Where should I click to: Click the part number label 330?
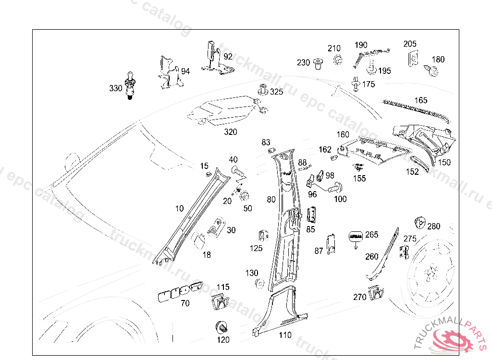115,88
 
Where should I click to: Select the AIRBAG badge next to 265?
356,236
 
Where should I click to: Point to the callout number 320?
230,132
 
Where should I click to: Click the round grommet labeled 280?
419,223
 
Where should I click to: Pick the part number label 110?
285,335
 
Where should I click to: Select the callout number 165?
420,100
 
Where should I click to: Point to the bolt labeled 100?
335,188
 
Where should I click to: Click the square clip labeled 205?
412,59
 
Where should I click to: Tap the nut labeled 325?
262,89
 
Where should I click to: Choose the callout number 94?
185,72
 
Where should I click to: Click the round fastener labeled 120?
222,327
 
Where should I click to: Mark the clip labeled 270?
376,292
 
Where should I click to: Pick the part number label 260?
372,257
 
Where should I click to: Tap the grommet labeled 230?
317,63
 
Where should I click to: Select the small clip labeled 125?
262,236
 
